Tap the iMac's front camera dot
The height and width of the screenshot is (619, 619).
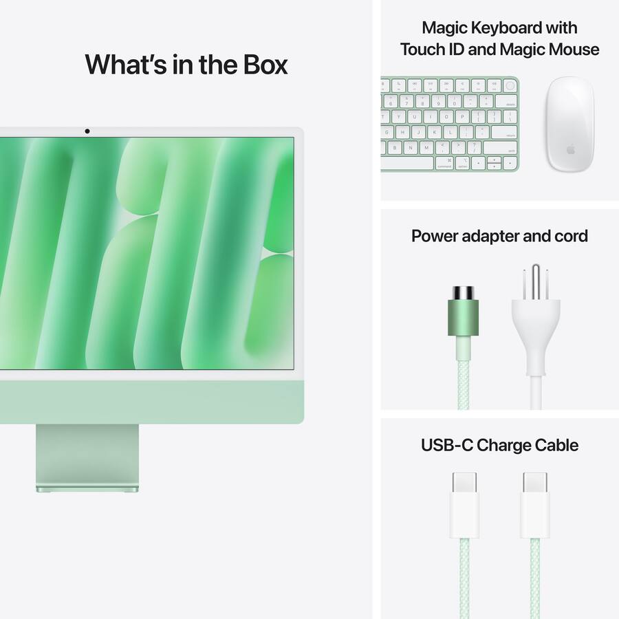87,131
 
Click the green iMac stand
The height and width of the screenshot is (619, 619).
87,457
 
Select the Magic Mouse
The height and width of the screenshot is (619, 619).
570,123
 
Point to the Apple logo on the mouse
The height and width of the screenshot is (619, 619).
570,150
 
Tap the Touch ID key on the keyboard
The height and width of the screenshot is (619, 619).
510,85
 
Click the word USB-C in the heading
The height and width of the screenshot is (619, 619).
446,445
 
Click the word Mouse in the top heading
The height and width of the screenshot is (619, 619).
575,50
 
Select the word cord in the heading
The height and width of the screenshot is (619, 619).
571,236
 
